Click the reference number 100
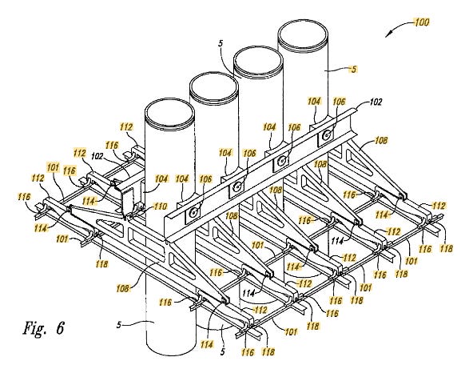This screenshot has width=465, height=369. [422, 22]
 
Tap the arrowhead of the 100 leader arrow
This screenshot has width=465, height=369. [387, 35]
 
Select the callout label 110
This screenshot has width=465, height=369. [161, 207]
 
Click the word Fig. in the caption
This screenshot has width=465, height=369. [34, 327]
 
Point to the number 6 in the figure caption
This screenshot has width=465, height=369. [59, 327]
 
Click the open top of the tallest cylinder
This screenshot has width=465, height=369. [303, 35]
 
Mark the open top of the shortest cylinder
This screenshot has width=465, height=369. [169, 114]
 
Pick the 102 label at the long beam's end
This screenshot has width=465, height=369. [376, 102]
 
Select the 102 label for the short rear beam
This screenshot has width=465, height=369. [97, 156]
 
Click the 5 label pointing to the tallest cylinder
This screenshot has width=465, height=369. [353, 70]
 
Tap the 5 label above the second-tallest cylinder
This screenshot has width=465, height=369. [220, 44]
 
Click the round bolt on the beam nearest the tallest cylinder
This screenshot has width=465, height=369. [327, 135]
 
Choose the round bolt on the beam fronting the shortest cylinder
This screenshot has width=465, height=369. [193, 212]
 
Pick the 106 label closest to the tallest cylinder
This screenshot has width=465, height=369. [339, 102]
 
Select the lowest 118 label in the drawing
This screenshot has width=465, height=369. [268, 351]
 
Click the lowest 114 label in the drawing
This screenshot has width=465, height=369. [206, 344]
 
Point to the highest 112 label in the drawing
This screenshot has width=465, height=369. [126, 127]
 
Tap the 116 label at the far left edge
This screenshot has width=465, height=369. [24, 197]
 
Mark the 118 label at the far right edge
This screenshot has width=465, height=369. [447, 248]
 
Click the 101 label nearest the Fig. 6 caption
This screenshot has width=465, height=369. [62, 239]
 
